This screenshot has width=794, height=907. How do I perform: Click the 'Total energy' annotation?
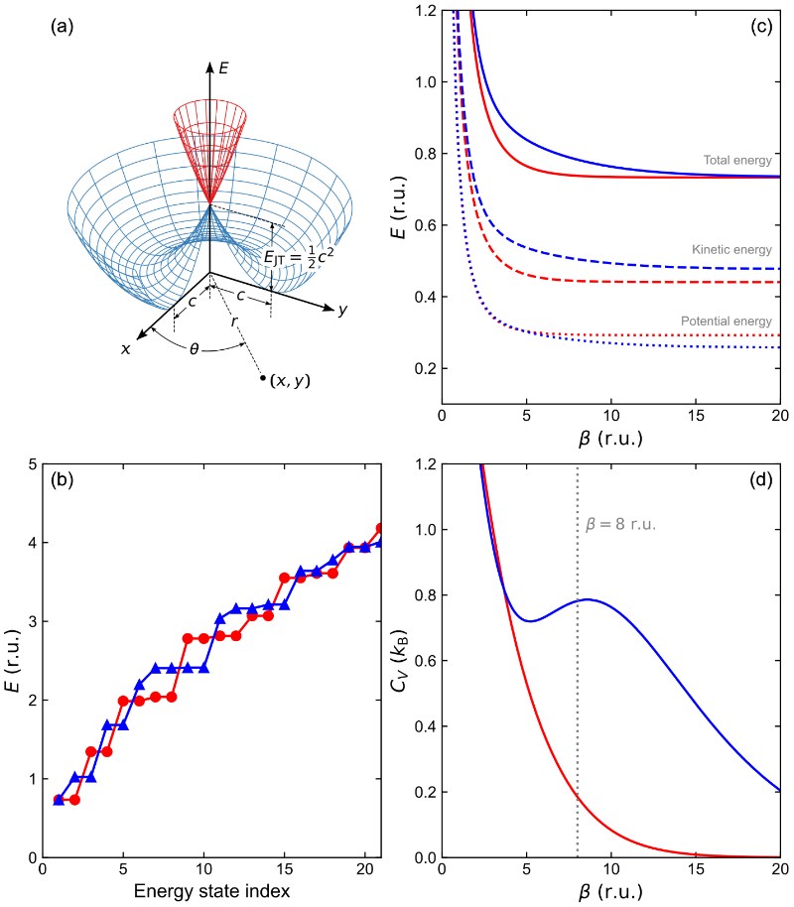click(738, 160)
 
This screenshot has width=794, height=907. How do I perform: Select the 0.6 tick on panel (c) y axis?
click(423, 226)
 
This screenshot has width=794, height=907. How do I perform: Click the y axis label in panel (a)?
click(342, 311)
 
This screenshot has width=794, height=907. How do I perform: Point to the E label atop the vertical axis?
click(224, 69)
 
